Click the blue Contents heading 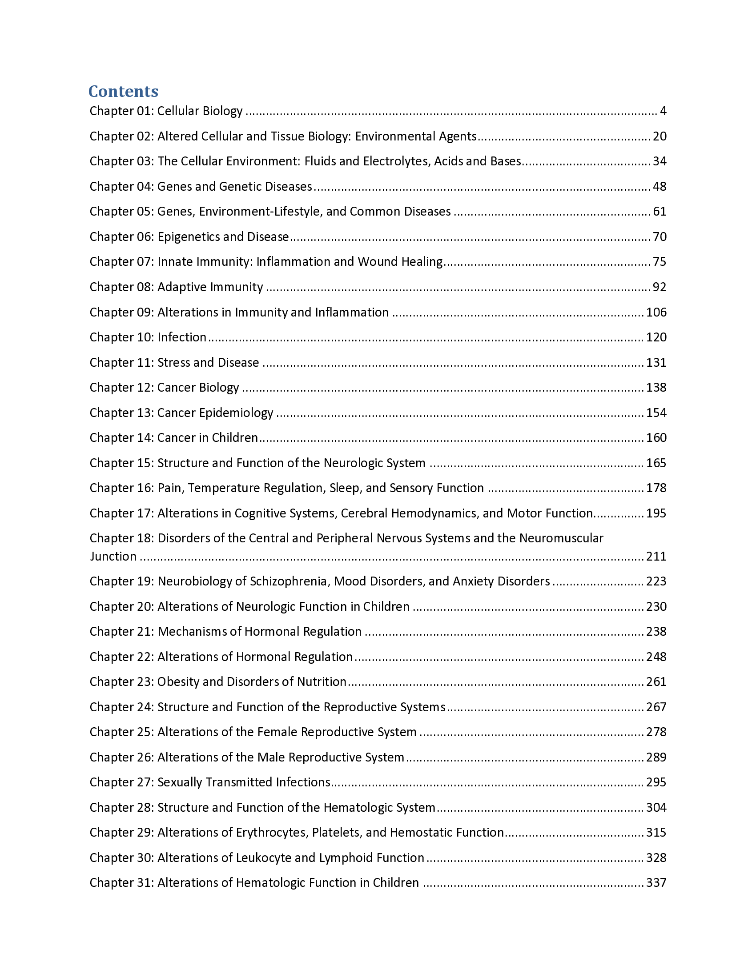pyautogui.click(x=123, y=91)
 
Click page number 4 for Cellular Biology pyautogui.click(x=663, y=111)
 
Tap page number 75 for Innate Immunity pyautogui.click(x=659, y=261)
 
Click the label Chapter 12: pyautogui.click(x=121, y=387)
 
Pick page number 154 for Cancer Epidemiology pyautogui.click(x=656, y=413)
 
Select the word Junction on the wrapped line pyautogui.click(x=113, y=556)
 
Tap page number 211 pyautogui.click(x=656, y=556)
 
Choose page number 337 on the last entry pyautogui.click(x=656, y=882)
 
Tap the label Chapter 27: pyautogui.click(x=121, y=782)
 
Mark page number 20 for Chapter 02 pyautogui.click(x=659, y=136)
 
